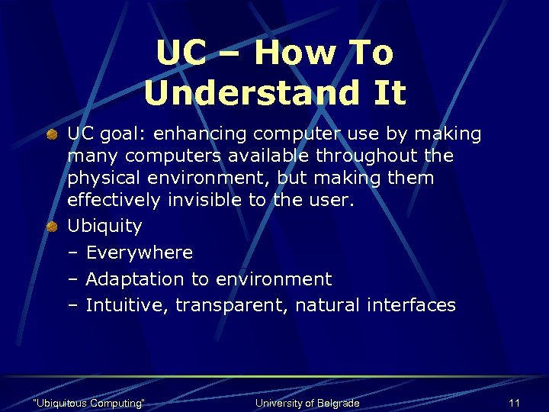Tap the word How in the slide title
click(x=293, y=53)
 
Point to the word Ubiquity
click(x=104, y=227)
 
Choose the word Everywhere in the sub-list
click(x=139, y=253)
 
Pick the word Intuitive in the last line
click(x=127, y=305)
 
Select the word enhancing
click(x=203, y=135)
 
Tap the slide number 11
click(x=514, y=403)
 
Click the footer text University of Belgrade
click(x=307, y=403)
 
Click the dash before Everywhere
click(x=73, y=253)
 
